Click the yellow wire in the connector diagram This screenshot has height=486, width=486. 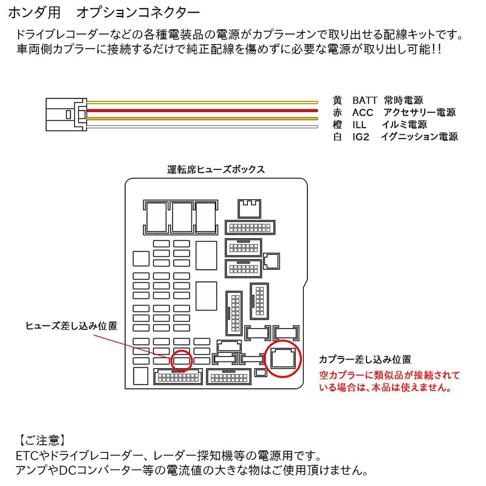[202, 102]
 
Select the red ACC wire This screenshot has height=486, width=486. [202, 111]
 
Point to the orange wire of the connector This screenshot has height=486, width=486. [202, 118]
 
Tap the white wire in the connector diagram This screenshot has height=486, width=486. [202, 126]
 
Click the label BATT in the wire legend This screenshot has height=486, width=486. [364, 100]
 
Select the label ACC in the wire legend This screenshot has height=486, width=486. [363, 112]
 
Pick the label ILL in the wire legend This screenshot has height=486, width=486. [359, 125]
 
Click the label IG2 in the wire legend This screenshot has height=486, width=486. [361, 137]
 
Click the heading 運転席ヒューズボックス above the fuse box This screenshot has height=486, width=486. [216, 169]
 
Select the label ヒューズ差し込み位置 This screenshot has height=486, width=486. [71, 326]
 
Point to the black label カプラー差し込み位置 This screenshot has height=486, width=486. [365, 359]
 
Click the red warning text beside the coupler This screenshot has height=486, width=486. [389, 382]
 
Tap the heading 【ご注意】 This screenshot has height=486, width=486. [41, 440]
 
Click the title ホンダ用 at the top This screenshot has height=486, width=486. [35, 13]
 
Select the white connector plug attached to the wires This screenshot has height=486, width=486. [66, 114]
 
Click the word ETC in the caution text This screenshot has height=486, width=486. [27, 456]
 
